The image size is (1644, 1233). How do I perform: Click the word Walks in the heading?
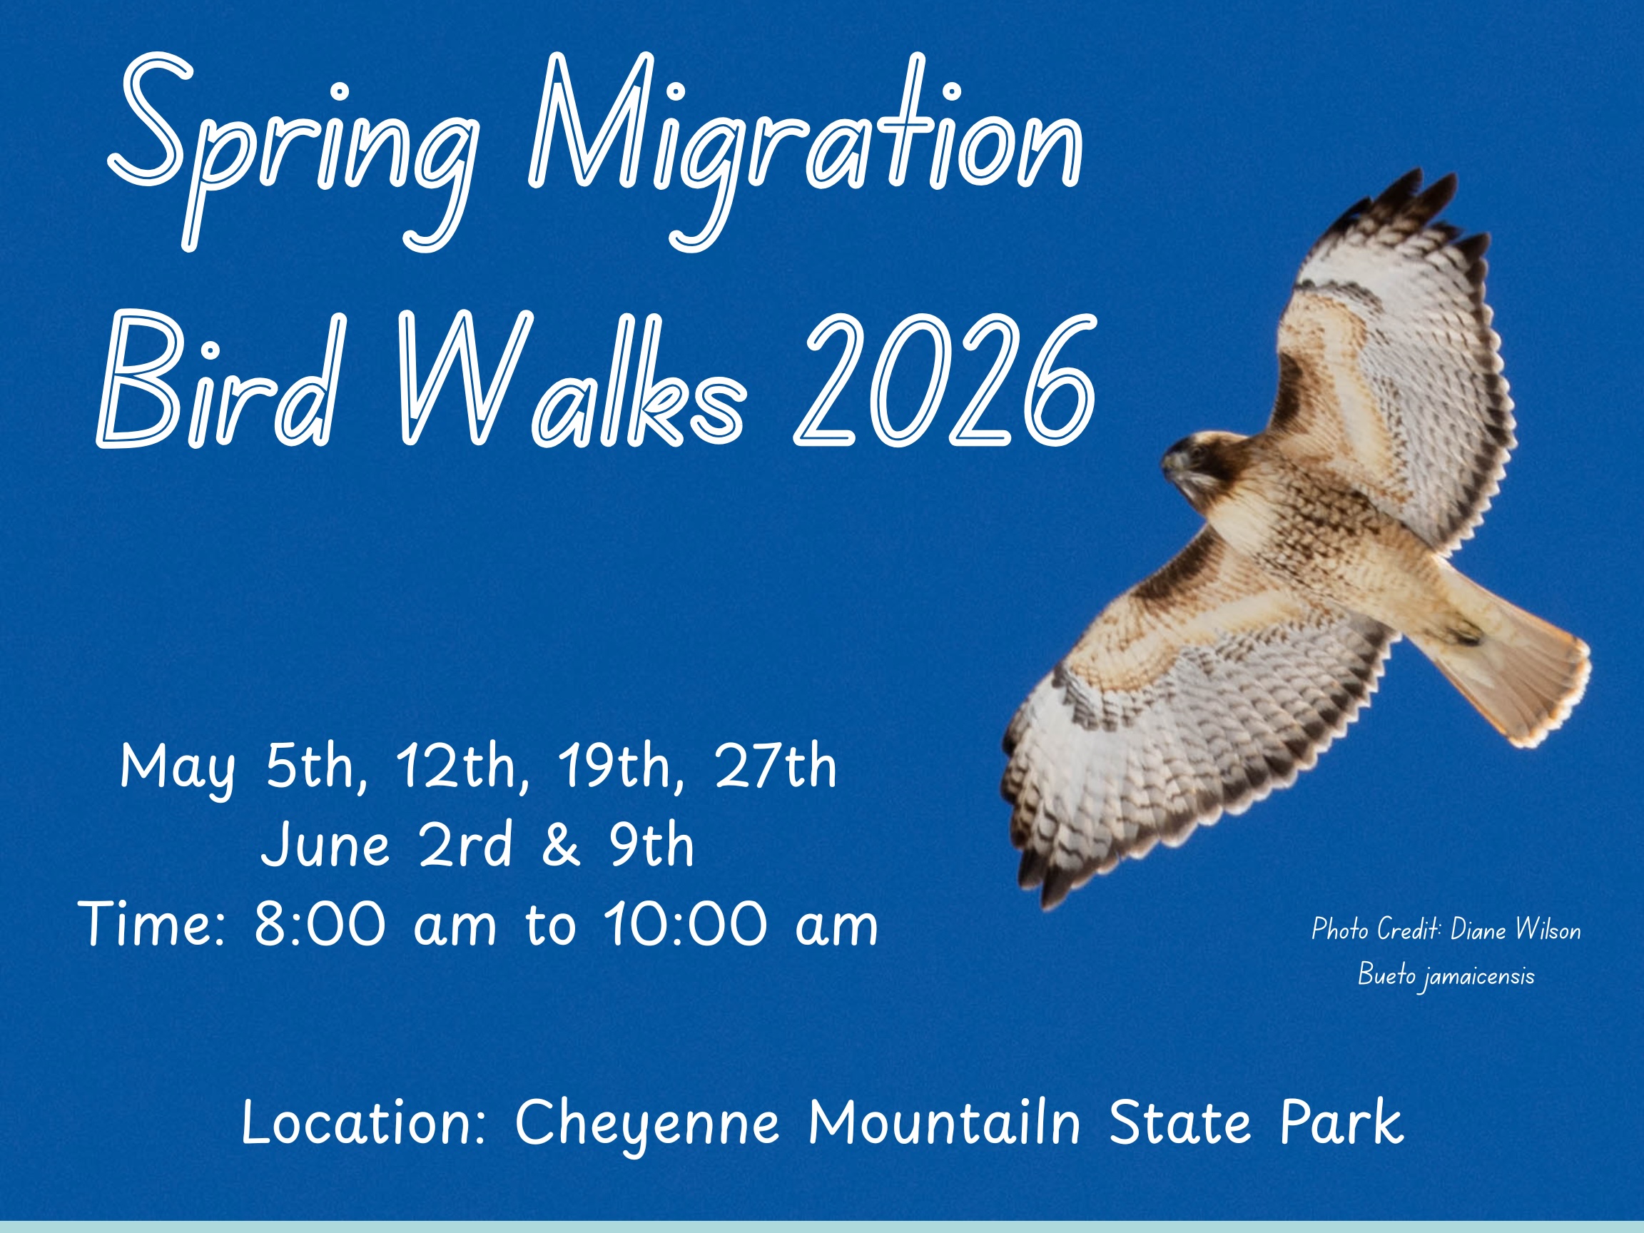point(572,379)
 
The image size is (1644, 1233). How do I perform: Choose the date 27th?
point(775,767)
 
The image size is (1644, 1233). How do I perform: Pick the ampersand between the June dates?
point(560,846)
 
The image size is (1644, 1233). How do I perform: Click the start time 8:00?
point(320,925)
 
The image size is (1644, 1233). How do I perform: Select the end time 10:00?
point(684,925)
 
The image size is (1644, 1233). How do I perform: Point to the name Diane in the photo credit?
point(1478,930)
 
